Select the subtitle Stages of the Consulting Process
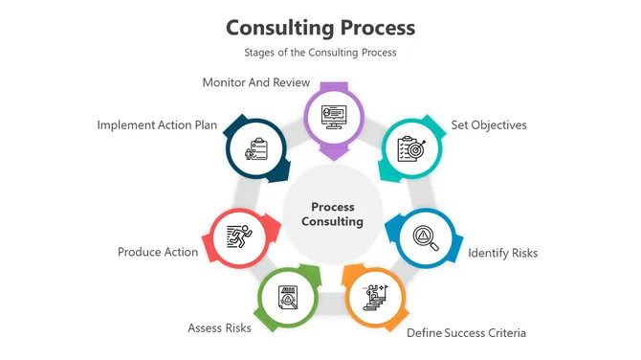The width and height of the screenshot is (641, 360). (x=320, y=53)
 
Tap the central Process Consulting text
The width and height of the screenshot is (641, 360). (x=333, y=214)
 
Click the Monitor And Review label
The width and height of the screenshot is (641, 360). (x=256, y=82)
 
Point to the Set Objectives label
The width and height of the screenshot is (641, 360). (x=489, y=124)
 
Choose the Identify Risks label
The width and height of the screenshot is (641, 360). (x=503, y=253)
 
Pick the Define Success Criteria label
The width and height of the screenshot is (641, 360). (x=467, y=332)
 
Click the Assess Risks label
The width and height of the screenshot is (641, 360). (x=219, y=327)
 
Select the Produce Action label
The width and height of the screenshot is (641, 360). (x=158, y=252)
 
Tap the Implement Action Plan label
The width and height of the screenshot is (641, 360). (x=158, y=124)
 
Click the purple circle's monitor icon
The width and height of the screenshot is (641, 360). (x=333, y=114)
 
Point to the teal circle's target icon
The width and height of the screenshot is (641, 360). (x=412, y=149)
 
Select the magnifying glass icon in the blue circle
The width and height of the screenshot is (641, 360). (x=425, y=236)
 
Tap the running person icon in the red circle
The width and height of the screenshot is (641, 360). (x=237, y=236)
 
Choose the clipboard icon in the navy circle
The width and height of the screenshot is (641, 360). (x=256, y=149)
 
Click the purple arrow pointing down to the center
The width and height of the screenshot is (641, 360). (x=333, y=150)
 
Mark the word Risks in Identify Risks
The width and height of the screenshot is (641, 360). (x=523, y=253)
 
